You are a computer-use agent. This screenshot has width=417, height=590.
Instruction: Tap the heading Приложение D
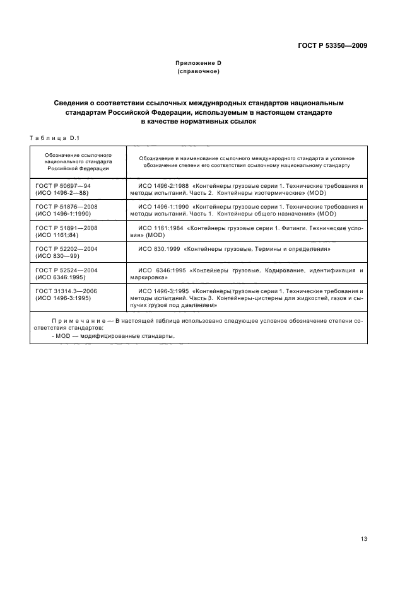pos(198,64)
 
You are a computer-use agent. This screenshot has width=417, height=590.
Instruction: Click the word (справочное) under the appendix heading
pos(198,72)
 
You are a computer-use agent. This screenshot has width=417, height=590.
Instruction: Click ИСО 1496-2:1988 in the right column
pos(162,186)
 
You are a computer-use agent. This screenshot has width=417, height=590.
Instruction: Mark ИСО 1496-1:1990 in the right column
pos(162,206)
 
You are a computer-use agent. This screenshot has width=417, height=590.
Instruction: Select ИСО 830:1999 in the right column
pos(156,249)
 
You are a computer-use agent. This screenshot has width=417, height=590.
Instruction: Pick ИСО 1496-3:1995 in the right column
pos(162,291)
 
